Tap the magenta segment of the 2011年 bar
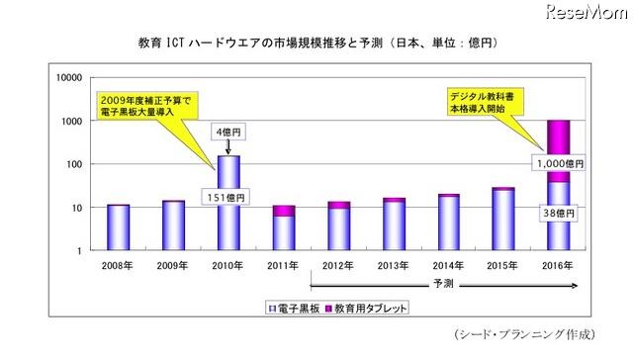click(283, 211)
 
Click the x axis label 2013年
click(394, 265)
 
